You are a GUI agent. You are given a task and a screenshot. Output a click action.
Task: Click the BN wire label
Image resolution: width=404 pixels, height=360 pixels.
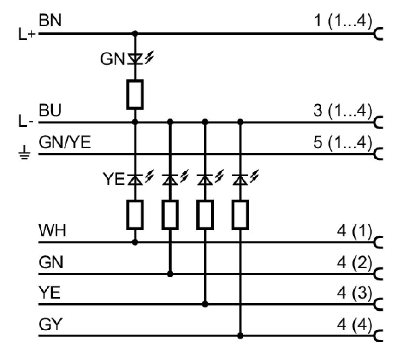[50, 20]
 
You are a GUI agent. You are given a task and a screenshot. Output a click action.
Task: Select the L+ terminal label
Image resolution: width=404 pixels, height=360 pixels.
[27, 34]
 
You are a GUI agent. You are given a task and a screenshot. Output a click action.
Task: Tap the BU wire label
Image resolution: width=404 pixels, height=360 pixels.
[50, 110]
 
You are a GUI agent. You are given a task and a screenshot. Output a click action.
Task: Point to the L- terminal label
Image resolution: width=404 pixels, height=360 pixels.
[26, 121]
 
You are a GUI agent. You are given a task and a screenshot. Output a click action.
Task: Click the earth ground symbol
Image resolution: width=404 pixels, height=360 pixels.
[24, 153]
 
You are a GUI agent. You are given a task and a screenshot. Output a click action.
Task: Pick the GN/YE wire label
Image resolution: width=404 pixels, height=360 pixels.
[65, 142]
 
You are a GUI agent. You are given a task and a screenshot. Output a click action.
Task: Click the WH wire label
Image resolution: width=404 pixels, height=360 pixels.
[53, 230]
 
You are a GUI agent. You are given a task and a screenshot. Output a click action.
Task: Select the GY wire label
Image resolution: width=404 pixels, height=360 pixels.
[51, 324]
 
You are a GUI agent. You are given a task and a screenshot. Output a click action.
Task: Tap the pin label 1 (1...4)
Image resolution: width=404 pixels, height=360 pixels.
[343, 20]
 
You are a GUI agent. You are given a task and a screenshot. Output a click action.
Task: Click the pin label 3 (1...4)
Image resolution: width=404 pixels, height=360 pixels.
[343, 110]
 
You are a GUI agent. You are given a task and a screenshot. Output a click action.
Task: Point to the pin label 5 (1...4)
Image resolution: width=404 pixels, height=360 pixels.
[343, 142]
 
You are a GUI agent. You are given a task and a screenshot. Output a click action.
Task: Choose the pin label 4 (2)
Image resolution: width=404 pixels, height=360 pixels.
[355, 263]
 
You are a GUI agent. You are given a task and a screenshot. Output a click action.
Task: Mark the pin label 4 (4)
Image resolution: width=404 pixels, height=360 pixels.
[355, 324]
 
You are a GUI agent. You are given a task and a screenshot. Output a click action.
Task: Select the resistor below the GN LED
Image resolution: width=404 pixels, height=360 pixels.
[135, 95]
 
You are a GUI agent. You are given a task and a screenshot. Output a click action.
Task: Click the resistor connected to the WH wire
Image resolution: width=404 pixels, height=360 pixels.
[135, 215]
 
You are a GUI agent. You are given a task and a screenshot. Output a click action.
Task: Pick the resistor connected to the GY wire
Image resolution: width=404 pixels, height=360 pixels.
[240, 215]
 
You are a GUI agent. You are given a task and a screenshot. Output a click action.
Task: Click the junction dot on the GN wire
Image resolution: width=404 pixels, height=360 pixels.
[170, 274]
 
